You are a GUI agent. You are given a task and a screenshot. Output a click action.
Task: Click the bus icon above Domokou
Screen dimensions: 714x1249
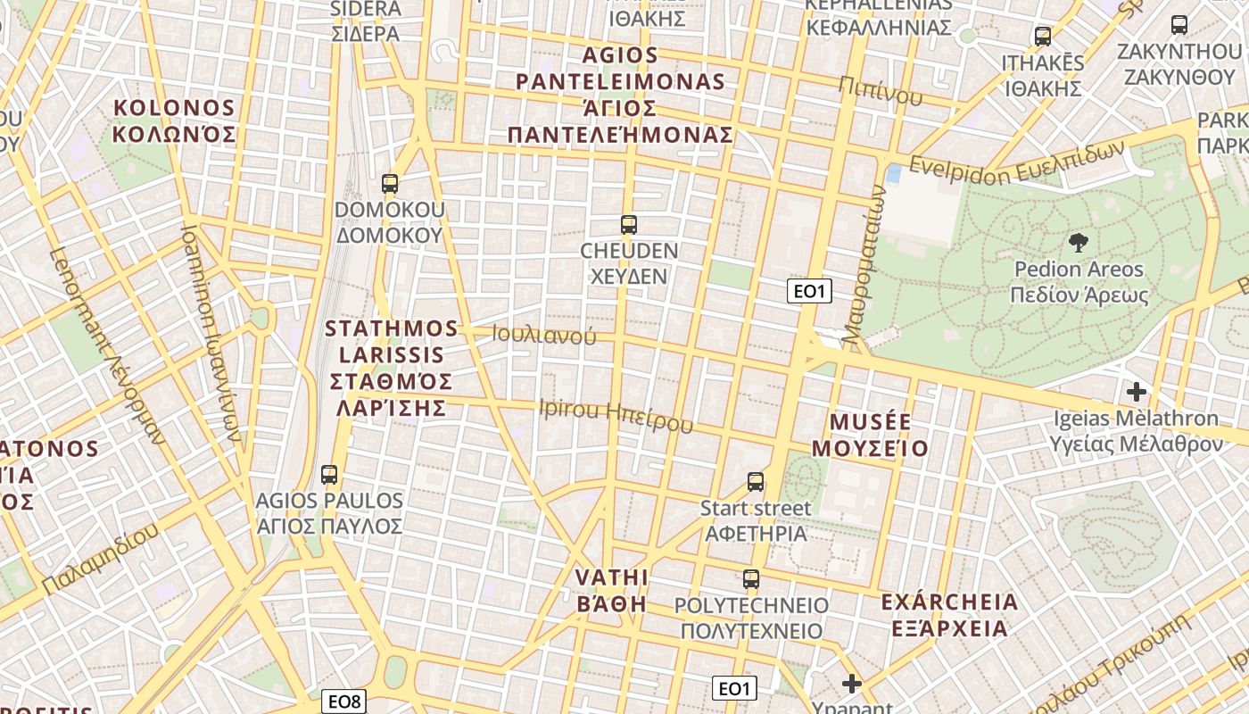390,184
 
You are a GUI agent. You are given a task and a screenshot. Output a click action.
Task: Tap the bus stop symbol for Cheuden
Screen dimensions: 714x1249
629,225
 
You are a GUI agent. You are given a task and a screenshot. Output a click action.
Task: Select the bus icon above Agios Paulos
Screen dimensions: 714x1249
329,475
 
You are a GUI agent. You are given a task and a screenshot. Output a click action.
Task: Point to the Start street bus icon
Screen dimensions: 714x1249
756,482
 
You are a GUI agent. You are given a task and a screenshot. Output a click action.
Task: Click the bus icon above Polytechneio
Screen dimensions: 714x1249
751,579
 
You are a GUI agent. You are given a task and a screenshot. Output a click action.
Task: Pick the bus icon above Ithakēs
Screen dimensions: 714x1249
1043,37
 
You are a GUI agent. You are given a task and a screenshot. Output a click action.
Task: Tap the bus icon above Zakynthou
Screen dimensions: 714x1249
1179,25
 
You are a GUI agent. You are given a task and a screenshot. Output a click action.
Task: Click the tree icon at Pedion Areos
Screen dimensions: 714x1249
1079,242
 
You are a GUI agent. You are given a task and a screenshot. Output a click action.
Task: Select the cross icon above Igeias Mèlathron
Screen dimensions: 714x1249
1137,391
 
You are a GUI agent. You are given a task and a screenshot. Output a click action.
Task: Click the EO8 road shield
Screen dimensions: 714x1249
344,702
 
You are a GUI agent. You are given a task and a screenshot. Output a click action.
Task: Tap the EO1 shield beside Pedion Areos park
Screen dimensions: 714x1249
810,290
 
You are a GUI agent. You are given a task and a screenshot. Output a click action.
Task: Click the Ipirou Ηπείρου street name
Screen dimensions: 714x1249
616,415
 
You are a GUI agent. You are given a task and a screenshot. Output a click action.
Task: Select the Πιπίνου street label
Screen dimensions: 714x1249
881,90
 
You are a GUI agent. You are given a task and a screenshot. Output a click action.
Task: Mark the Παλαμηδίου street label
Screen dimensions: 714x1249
100,559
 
